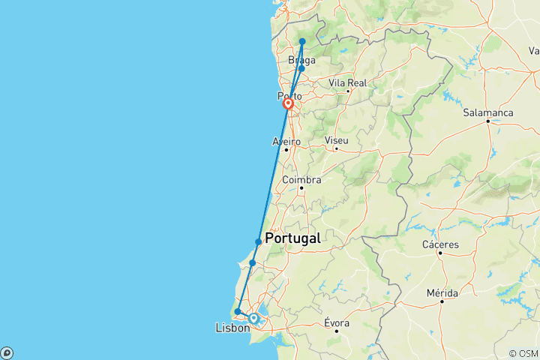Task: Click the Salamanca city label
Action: (487, 112)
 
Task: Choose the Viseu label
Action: (337, 139)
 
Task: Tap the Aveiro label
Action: (286, 141)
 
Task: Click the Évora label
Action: (337, 322)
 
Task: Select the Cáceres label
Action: (440, 244)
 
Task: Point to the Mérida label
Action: (442, 292)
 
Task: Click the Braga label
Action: (301, 60)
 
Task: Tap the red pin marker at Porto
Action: (288, 104)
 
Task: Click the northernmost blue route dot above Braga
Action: (302, 42)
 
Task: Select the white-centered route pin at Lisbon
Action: (253, 319)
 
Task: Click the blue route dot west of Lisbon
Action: (237, 312)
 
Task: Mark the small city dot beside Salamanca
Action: (487, 121)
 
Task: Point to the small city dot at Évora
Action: (337, 331)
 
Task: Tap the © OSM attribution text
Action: (523, 353)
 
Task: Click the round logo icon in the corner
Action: (7, 352)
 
